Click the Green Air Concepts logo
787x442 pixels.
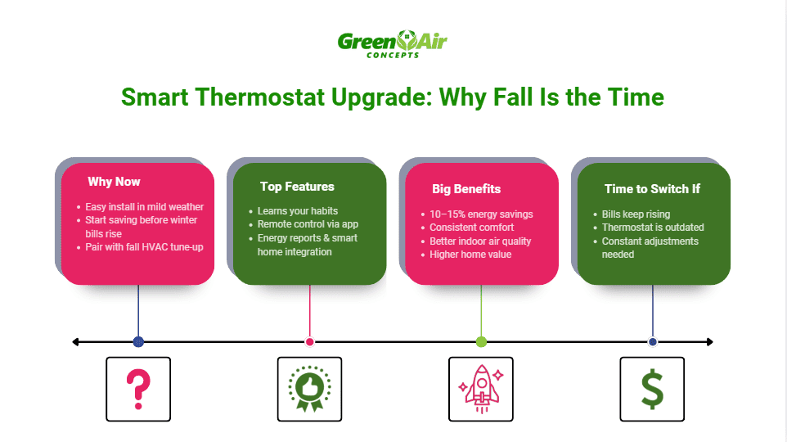[x=393, y=43]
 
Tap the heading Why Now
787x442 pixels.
[x=114, y=182]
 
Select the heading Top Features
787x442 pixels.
[x=297, y=187]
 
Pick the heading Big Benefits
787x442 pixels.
[x=466, y=189]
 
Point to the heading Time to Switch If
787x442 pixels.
[x=652, y=189]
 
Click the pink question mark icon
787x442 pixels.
[x=138, y=389]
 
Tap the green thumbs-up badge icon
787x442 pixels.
[x=309, y=389]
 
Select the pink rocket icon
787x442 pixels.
[x=481, y=389]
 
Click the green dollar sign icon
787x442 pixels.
[x=652, y=389]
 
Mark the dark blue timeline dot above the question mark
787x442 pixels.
[x=138, y=341]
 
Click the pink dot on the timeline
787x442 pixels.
[x=309, y=341]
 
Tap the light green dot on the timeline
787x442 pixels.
[x=481, y=341]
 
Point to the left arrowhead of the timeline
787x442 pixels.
[x=75, y=341]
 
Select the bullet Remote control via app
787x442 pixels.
[x=308, y=223]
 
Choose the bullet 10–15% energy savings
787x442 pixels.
[x=481, y=214]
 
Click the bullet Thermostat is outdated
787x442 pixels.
[x=653, y=228]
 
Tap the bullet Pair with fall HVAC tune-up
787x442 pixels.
[x=144, y=246]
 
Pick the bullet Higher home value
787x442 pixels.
[x=470, y=255]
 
